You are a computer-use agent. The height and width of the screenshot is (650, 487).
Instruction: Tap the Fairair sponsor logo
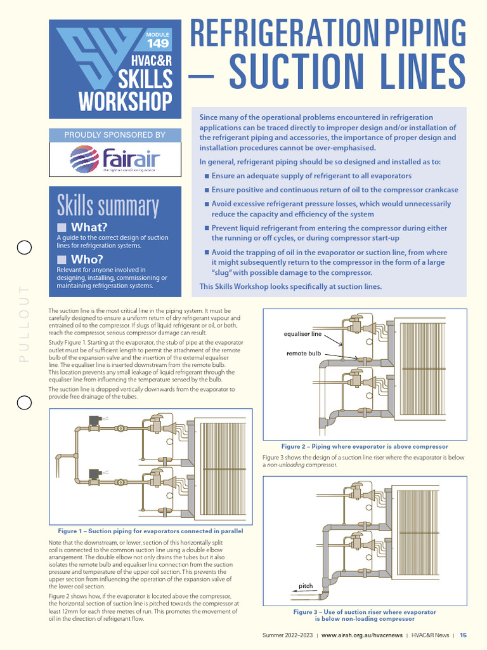(115, 159)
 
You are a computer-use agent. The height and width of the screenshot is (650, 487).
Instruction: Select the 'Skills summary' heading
(107, 206)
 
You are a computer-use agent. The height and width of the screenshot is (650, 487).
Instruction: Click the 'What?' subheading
(89, 227)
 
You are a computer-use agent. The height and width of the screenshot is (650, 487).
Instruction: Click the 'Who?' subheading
(86, 259)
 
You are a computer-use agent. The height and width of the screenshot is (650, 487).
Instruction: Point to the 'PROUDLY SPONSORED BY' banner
(115, 135)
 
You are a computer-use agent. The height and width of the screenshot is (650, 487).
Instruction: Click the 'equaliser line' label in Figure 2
(302, 334)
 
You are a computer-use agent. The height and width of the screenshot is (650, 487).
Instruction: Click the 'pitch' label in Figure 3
(306, 585)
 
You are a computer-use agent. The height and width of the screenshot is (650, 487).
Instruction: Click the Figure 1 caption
(150, 531)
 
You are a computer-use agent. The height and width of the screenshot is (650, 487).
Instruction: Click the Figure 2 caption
(365, 446)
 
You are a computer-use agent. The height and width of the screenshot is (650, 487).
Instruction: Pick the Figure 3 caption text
(365, 615)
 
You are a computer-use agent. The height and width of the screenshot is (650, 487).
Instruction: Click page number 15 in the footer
(464, 635)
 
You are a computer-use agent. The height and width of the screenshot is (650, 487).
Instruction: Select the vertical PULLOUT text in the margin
(24, 324)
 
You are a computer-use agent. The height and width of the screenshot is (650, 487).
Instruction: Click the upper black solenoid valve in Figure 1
(95, 420)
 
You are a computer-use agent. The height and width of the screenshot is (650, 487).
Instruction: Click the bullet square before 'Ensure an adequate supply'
(206, 176)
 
